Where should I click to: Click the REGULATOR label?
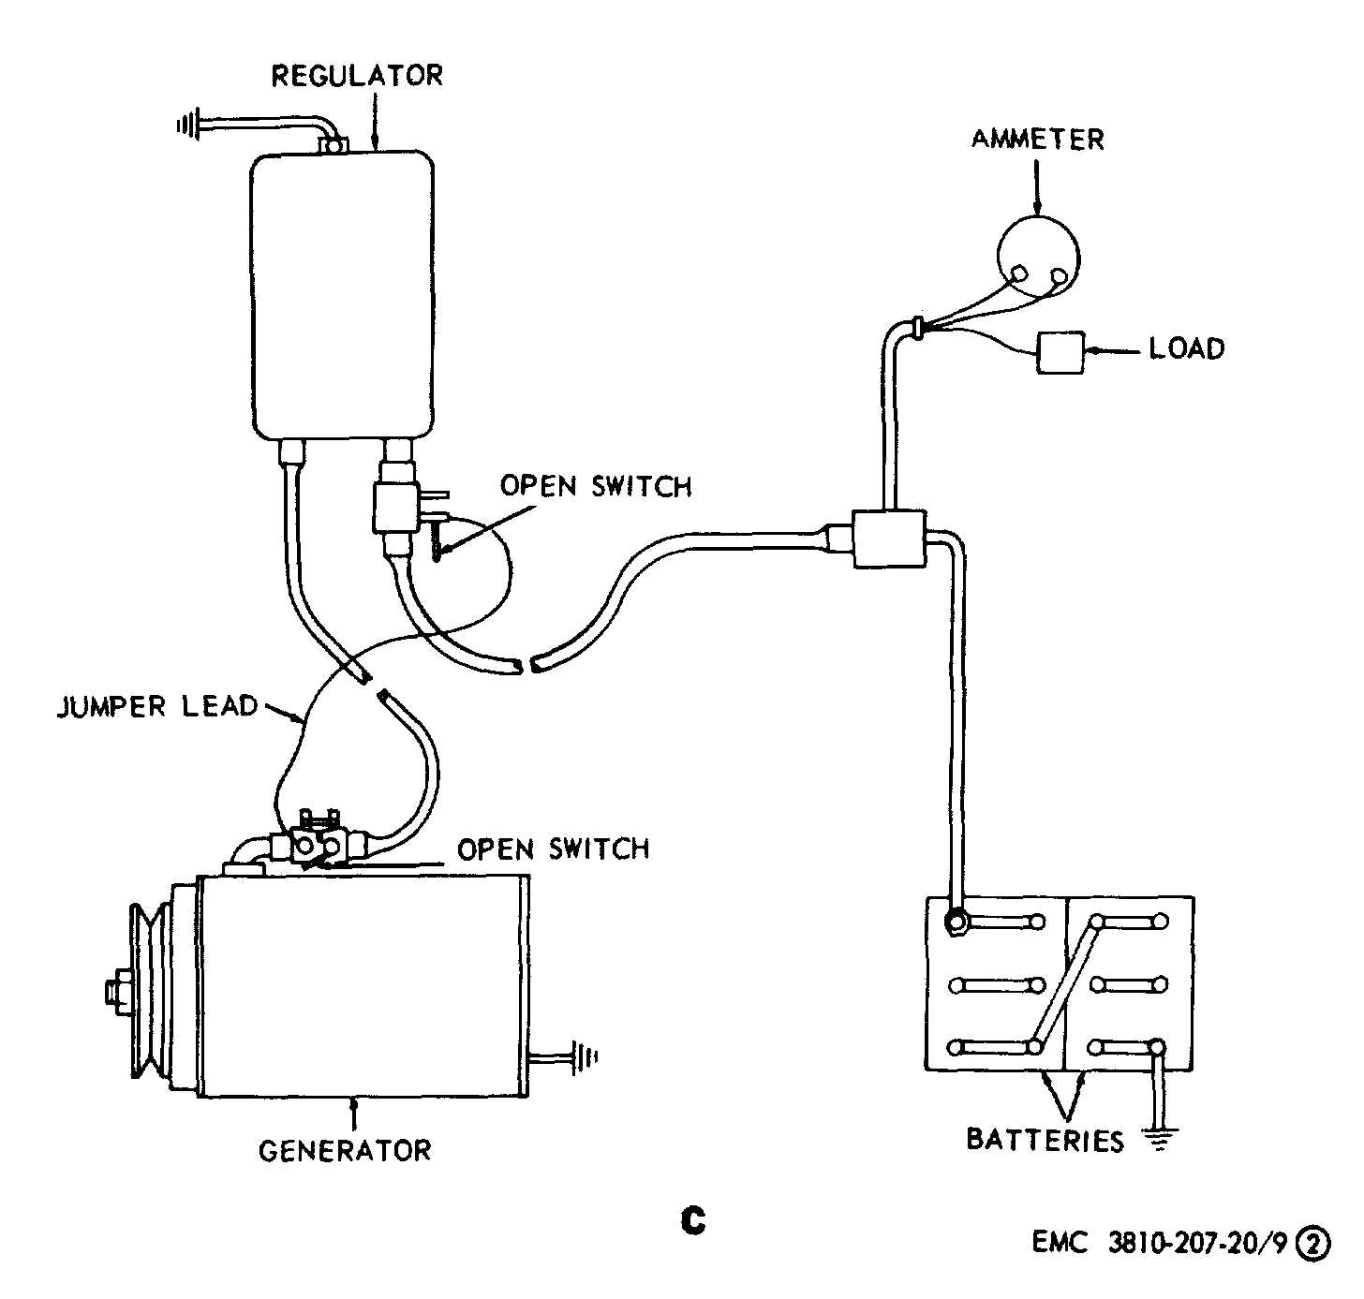357,75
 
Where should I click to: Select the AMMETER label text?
1037,140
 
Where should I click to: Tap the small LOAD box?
1060,353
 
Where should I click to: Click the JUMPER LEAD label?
156,705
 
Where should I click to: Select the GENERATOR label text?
345,1150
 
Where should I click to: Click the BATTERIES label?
1045,1140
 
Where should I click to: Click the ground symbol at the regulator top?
190,124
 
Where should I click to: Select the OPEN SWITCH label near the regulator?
596,486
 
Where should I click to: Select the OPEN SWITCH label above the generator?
553,849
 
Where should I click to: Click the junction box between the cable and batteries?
888,539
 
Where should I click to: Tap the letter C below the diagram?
692,1220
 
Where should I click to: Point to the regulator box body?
342,295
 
